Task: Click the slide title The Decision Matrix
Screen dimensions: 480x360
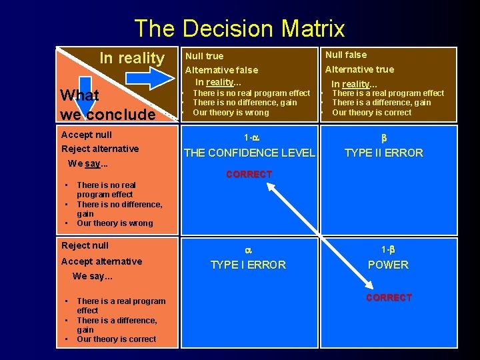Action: point(239,29)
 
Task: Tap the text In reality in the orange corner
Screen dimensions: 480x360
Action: point(131,59)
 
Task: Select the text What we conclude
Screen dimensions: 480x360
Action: point(107,105)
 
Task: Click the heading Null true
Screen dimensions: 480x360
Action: point(204,56)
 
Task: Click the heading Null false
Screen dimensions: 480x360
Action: point(345,55)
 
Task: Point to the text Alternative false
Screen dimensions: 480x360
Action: point(221,69)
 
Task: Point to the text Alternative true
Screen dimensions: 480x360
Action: point(359,69)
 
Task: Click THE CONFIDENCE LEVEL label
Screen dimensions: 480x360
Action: point(249,153)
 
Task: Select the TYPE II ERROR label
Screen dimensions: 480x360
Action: point(383,153)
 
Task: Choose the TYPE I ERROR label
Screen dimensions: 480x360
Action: point(248,265)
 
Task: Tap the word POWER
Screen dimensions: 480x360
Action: point(388,265)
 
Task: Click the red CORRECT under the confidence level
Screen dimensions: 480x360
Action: point(249,175)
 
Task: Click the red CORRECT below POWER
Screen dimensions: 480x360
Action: point(389,297)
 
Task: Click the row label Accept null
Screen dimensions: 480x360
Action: point(86,135)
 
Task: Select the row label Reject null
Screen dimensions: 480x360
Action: point(84,245)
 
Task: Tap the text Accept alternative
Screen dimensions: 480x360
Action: point(101,261)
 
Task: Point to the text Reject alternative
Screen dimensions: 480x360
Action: point(99,149)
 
